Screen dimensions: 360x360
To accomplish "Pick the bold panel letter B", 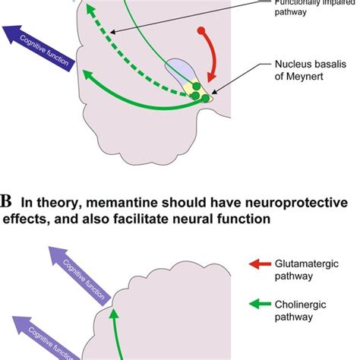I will (x=7, y=202).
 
